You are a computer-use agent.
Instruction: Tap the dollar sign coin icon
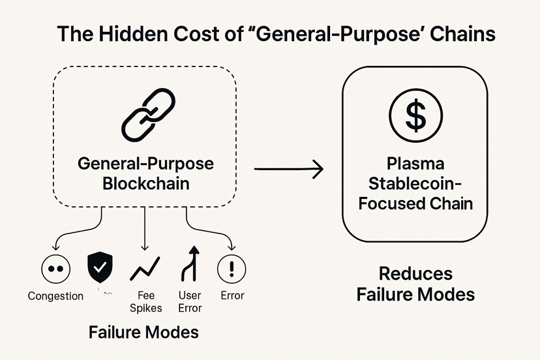tap(415, 114)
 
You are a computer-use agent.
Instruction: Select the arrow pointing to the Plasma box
tap(288, 170)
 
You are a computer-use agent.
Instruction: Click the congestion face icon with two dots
tap(55, 268)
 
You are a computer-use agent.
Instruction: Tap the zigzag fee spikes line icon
tap(145, 268)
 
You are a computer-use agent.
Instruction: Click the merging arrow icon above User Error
tap(190, 265)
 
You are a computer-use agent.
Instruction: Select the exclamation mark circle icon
tap(232, 268)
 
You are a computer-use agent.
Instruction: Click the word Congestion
tap(55, 296)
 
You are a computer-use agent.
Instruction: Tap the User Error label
tap(190, 301)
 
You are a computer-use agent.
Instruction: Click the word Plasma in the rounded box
tap(415, 162)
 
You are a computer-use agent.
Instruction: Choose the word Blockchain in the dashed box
tap(146, 183)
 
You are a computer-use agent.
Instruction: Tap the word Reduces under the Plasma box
tap(415, 273)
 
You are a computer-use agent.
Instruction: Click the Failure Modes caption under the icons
tap(143, 332)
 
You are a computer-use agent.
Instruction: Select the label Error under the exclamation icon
tap(232, 296)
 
